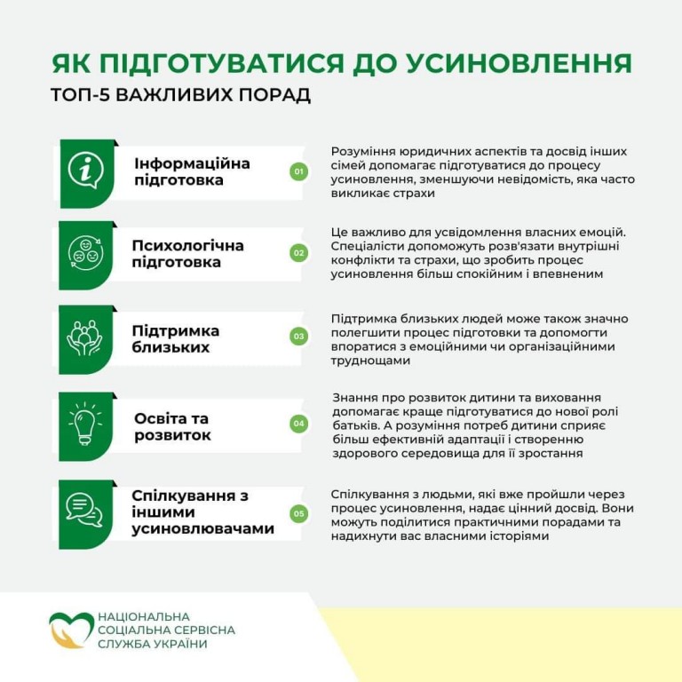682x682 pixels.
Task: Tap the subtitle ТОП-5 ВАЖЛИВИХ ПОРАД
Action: (x=181, y=95)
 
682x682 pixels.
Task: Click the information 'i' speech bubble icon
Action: (x=86, y=170)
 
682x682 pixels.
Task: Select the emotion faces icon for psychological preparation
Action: (x=86, y=253)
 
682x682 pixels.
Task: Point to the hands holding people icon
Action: (x=86, y=337)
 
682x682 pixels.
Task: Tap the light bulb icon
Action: (x=86, y=422)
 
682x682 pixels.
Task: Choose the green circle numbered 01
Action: (x=298, y=171)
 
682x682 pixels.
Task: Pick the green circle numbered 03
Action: (x=298, y=337)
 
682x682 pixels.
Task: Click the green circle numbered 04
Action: (x=298, y=424)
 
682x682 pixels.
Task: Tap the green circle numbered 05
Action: (x=298, y=513)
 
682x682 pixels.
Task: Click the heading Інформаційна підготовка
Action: (x=192, y=172)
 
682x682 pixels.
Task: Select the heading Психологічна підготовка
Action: (x=187, y=254)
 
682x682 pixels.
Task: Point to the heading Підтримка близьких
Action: (x=176, y=338)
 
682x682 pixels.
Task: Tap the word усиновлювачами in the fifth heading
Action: (x=202, y=529)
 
